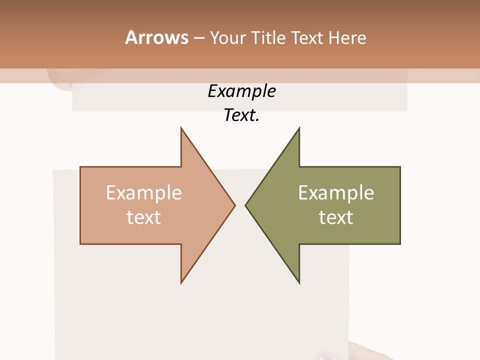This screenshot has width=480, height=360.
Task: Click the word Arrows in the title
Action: point(156,37)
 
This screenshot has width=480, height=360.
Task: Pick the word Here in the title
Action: point(348,38)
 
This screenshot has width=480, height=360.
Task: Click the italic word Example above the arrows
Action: point(241,91)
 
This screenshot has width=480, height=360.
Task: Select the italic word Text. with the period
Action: point(241,115)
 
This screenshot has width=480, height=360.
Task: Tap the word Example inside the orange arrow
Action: point(144,193)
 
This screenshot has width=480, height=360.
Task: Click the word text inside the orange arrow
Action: point(144,217)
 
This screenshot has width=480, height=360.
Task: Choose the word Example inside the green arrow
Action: point(336,193)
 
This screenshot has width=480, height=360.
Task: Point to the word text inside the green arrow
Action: point(336,217)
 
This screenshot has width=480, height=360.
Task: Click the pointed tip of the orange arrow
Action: point(234,205)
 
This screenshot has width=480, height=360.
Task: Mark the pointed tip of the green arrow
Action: point(245,205)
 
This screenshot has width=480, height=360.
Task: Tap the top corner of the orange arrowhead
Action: point(181,128)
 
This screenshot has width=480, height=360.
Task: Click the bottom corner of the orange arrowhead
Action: point(181,283)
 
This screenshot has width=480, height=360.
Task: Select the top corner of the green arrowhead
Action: point(299,128)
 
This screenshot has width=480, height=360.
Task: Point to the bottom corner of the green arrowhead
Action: point(299,283)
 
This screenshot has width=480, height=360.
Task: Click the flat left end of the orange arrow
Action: point(80,205)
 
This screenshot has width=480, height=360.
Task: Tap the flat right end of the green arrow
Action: point(400,205)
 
